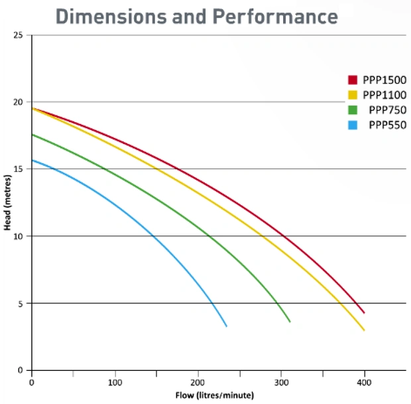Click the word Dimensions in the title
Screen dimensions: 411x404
click(111, 17)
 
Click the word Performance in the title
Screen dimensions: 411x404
click(275, 17)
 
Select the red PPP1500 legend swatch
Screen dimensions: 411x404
click(353, 80)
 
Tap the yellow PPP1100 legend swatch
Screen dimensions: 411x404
click(353, 95)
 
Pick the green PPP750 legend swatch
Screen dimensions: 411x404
click(353, 110)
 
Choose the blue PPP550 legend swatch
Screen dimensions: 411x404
click(353, 125)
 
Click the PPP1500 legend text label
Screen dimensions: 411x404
click(384, 80)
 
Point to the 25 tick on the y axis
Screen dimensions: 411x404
click(18, 35)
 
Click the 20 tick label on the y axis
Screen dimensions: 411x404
click(18, 102)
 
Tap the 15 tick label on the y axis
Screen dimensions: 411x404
click(18, 169)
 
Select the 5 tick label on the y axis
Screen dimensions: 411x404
click(21, 304)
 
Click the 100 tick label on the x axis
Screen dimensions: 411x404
click(115, 383)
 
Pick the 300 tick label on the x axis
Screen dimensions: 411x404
click(282, 383)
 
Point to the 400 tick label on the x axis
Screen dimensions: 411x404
click(364, 383)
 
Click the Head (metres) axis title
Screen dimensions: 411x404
click(7, 202)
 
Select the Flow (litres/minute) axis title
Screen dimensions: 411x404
click(215, 395)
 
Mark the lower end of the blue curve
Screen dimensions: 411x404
click(227, 326)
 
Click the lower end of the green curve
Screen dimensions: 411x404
click(290, 322)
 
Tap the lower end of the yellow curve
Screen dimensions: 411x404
click(364, 330)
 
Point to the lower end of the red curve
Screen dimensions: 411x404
click(364, 312)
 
